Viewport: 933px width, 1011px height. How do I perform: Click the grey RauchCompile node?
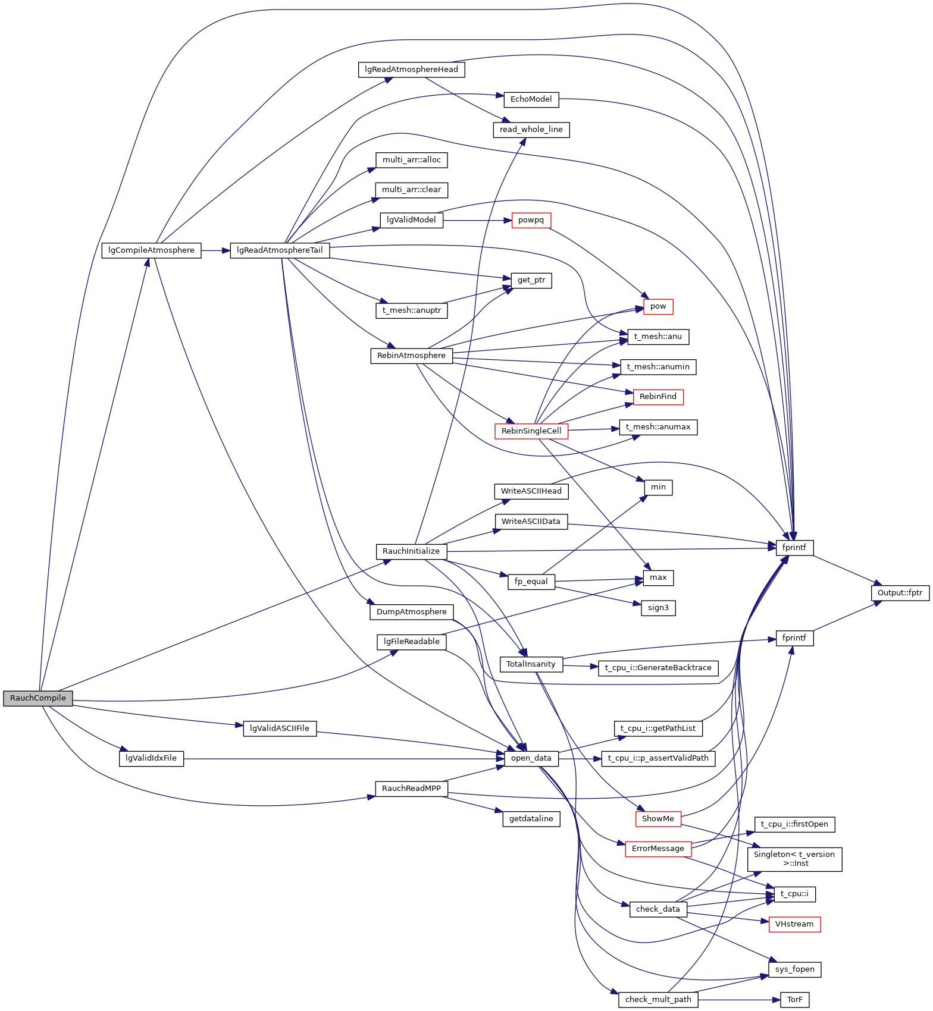click(37, 698)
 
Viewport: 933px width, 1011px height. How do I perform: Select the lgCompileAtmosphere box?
click(151, 250)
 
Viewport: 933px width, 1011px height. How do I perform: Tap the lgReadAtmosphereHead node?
click(411, 70)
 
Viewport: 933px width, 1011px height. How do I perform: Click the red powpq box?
click(531, 220)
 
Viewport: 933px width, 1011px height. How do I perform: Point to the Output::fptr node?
click(900, 593)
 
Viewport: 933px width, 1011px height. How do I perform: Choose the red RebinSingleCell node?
click(531, 431)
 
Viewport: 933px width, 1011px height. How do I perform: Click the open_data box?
click(531, 758)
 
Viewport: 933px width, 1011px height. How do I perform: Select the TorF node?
click(794, 1000)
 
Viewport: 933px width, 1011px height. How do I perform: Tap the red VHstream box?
click(794, 924)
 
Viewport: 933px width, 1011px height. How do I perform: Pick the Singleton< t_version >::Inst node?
click(794, 859)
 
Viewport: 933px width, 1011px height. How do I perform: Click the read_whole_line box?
click(531, 130)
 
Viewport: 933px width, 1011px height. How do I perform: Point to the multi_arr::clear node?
click(411, 190)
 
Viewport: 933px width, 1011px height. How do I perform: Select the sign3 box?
click(658, 608)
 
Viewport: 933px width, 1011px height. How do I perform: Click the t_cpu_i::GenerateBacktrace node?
click(658, 668)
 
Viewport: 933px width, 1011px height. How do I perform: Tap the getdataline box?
click(531, 819)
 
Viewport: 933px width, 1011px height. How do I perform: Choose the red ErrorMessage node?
click(658, 849)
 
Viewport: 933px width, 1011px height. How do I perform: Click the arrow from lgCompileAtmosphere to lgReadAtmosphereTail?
click(215, 250)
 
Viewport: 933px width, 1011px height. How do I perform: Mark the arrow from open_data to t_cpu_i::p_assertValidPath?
click(580, 758)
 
